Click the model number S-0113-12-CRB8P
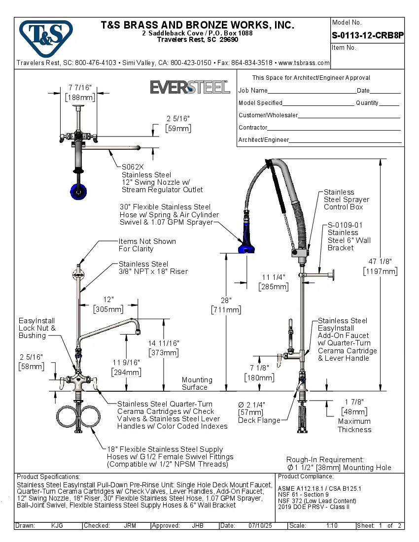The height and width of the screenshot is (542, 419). tap(367, 35)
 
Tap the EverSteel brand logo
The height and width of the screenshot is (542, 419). tap(190, 87)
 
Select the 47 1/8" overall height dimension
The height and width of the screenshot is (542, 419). tap(380, 267)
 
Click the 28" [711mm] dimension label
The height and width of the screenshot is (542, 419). tap(226, 305)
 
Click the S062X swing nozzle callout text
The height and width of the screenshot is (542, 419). tap(162, 178)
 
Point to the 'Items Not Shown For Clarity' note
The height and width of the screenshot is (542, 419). tap(147, 245)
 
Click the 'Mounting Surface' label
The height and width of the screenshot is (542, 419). tap(197, 383)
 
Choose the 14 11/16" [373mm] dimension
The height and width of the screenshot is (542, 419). tap(163, 348)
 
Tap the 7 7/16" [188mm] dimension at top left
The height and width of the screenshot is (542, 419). tap(80, 93)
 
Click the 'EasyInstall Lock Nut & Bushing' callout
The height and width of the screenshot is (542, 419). tap(37, 328)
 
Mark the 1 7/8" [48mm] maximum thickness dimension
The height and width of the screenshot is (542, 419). tap(353, 407)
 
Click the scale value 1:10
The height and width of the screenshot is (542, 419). tap(332, 526)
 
